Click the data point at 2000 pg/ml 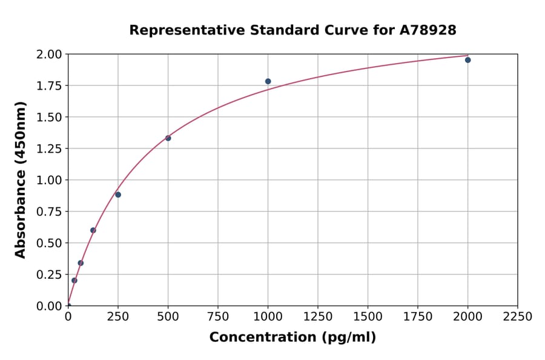pyautogui.click(x=467, y=60)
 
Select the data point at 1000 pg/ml pyautogui.click(x=268, y=81)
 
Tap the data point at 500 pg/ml pyautogui.click(x=168, y=138)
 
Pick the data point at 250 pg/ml pyautogui.click(x=118, y=195)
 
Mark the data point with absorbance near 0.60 pyautogui.click(x=93, y=230)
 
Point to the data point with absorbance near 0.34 pyautogui.click(x=81, y=263)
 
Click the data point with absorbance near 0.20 pyautogui.click(x=74, y=281)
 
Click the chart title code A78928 pyautogui.click(x=428, y=30)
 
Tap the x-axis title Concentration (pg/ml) pyautogui.click(x=292, y=338)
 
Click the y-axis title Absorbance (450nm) pyautogui.click(x=21, y=180)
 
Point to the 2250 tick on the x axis pyautogui.click(x=518, y=317)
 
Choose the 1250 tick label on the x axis pyautogui.click(x=318, y=317)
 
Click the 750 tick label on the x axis pyautogui.click(x=218, y=317)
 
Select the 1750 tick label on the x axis pyautogui.click(x=418, y=317)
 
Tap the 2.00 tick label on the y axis pyautogui.click(x=49, y=55)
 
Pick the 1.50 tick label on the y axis pyautogui.click(x=49, y=118)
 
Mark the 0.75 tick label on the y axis pyautogui.click(x=49, y=212)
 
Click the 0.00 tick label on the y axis pyautogui.click(x=49, y=306)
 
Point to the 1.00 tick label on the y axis pyautogui.click(x=49, y=180)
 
